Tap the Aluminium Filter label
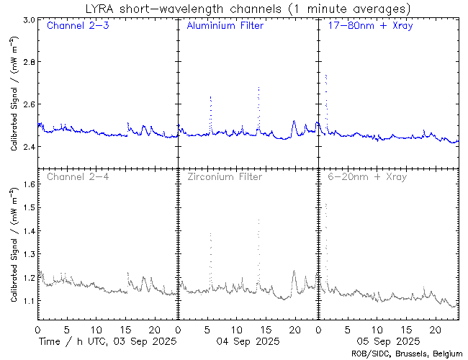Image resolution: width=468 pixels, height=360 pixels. [225, 26]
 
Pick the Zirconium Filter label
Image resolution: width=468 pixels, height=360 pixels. [224, 176]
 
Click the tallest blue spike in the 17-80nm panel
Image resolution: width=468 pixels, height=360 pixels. [326, 75]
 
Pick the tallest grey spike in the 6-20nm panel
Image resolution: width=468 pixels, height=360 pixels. [326, 204]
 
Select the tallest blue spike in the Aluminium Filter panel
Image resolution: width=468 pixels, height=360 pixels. [258, 89]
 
